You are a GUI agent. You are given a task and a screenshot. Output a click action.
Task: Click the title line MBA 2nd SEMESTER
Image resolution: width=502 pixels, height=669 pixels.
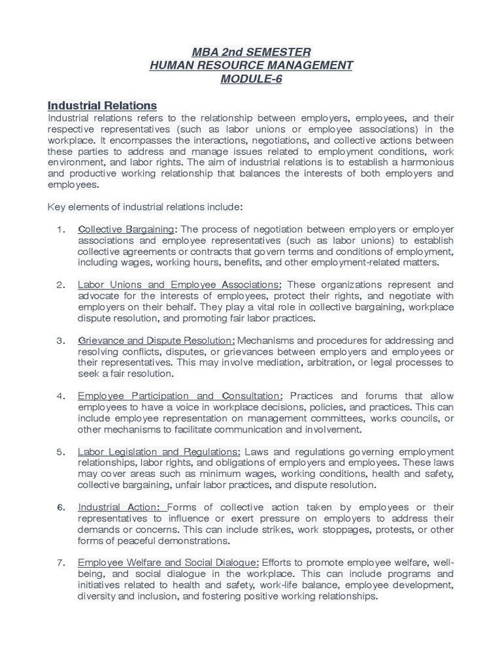click(251, 52)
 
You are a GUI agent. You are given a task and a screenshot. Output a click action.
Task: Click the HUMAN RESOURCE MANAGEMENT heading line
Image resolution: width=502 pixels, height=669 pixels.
click(251, 65)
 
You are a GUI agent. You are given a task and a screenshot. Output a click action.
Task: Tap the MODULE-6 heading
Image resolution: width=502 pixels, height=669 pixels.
click(251, 80)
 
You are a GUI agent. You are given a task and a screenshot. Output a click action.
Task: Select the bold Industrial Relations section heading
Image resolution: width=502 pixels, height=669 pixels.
click(102, 105)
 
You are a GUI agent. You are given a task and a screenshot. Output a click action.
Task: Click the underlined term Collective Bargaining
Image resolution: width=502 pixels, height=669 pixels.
click(126, 229)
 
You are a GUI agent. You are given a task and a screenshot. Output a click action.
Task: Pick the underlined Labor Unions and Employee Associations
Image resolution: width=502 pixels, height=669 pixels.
click(179, 285)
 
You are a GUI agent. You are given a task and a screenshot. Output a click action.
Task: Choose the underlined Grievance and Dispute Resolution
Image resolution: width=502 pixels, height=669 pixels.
click(156, 340)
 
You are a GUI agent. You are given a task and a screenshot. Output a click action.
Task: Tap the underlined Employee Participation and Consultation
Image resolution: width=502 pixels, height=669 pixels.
click(180, 396)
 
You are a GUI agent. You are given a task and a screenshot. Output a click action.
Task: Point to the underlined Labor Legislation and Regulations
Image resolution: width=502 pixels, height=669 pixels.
click(159, 451)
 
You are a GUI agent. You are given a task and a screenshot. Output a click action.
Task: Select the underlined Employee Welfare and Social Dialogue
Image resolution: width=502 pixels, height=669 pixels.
click(168, 563)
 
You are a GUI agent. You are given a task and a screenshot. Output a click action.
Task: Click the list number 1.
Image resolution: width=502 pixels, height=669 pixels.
click(61, 229)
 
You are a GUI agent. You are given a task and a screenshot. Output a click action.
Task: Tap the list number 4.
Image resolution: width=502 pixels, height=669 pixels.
click(61, 396)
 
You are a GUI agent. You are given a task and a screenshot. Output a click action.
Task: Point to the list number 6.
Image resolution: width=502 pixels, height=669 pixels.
click(61, 507)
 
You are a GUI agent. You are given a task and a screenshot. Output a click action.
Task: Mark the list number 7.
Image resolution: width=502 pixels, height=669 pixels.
click(61, 563)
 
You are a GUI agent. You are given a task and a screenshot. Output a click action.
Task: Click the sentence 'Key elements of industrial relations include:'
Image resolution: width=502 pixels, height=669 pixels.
click(145, 206)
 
